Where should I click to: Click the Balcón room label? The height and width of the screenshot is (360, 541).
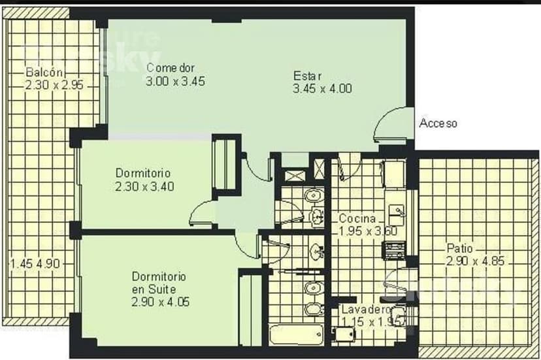pyautogui.click(x=45, y=73)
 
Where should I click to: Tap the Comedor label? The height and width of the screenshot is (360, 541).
pyautogui.click(x=171, y=68)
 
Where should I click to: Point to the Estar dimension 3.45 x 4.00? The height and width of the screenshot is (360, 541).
pyautogui.click(x=323, y=88)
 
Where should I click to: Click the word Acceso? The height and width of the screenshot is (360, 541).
pyautogui.click(x=438, y=123)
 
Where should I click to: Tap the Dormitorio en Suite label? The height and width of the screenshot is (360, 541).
pyautogui.click(x=159, y=282)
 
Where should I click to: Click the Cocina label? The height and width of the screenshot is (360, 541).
pyautogui.click(x=357, y=219)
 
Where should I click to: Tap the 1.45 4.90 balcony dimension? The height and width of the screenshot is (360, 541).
pyautogui.click(x=35, y=264)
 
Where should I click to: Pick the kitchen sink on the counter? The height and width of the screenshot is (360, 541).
pyautogui.click(x=397, y=211)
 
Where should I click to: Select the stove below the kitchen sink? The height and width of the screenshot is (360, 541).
pyautogui.click(x=395, y=249)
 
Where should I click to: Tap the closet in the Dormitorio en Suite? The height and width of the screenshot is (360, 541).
pyautogui.click(x=250, y=310)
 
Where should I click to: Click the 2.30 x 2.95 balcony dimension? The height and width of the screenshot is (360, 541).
pyautogui.click(x=54, y=85)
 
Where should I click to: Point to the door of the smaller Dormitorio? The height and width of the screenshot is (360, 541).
pyautogui.click(x=202, y=214)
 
